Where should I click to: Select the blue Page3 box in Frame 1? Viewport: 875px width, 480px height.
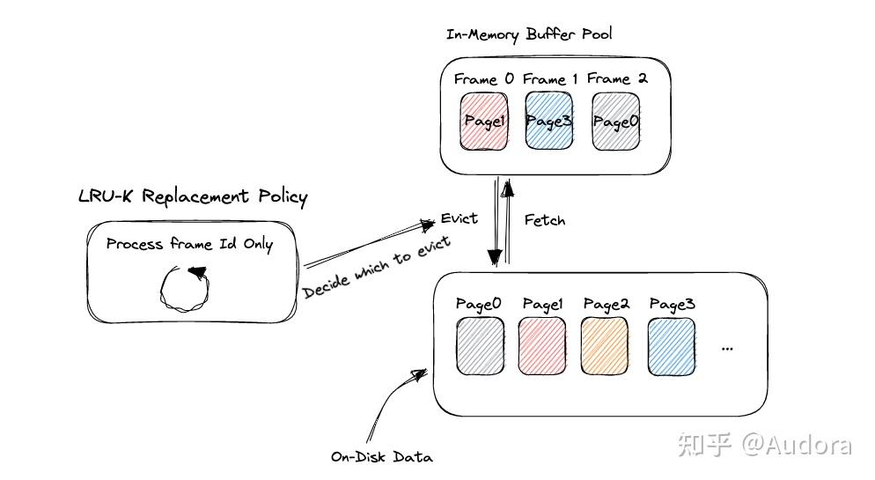[x=548, y=122]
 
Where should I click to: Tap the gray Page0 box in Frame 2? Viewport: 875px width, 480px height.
[x=614, y=122]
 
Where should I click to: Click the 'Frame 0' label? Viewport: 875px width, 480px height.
[x=483, y=79]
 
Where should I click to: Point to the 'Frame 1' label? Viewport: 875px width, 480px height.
[x=549, y=79]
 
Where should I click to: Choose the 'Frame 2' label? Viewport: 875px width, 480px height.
[x=617, y=78]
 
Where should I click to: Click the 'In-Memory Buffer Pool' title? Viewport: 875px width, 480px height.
[x=528, y=34]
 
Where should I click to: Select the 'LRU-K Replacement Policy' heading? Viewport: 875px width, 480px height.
[x=193, y=196]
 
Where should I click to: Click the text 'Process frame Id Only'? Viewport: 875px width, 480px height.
[x=189, y=244]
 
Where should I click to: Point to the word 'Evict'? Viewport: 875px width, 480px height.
[x=459, y=218]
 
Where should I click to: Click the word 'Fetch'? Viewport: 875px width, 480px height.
[x=544, y=219]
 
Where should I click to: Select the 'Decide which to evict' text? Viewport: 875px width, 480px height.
[x=378, y=267]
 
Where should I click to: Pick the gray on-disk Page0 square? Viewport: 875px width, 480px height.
[x=479, y=346]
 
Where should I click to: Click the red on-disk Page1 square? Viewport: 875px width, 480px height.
[x=542, y=346]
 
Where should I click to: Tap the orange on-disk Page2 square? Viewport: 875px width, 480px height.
[x=605, y=346]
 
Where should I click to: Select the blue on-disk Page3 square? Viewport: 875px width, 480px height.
[x=671, y=346]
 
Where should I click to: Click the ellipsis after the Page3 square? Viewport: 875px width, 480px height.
[x=727, y=349]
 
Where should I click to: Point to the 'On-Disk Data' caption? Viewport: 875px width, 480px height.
[x=382, y=456]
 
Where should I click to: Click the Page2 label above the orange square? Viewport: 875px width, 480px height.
[x=606, y=304]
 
